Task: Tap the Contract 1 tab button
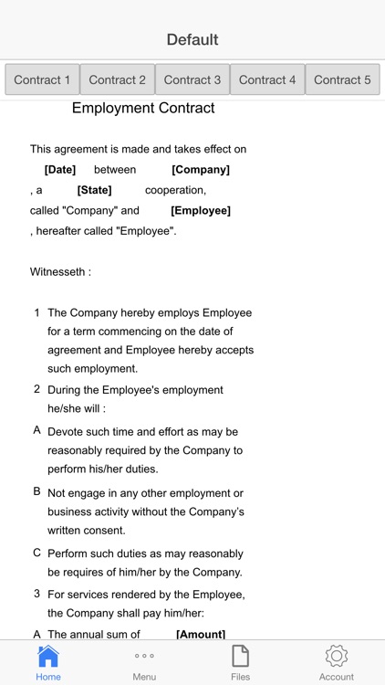(x=42, y=79)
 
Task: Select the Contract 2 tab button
(x=117, y=79)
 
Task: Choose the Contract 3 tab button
(x=192, y=79)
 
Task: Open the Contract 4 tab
(x=267, y=79)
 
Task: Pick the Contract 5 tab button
(x=342, y=79)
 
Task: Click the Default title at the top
(x=192, y=39)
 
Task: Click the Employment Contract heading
(x=143, y=108)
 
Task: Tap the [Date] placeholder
(x=60, y=170)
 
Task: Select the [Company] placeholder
(x=201, y=170)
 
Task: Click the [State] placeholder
(x=94, y=190)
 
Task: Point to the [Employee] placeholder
(x=201, y=210)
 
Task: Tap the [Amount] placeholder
(x=201, y=634)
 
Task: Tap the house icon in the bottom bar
(x=48, y=656)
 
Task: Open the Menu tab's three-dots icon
(x=144, y=656)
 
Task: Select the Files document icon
(x=240, y=656)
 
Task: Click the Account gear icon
(x=337, y=656)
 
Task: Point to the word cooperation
(x=175, y=190)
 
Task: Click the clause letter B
(x=37, y=491)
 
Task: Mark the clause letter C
(x=37, y=553)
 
